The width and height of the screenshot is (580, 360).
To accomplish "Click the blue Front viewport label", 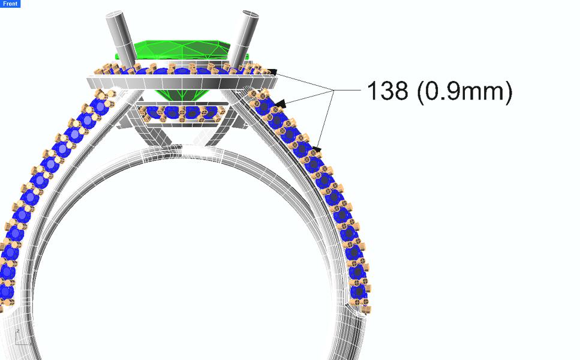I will [x=10, y=4].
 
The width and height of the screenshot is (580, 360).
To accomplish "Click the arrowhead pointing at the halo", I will [x=272, y=72].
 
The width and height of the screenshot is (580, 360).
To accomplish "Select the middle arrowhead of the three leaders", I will [x=280, y=103].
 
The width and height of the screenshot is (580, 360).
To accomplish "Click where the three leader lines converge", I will [x=332, y=90].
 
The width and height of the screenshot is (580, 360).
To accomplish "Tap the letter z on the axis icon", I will [x=18, y=331].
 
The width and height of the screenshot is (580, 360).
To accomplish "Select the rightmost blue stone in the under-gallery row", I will [x=210, y=112].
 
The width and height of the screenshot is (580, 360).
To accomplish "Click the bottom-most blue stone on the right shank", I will [x=358, y=292].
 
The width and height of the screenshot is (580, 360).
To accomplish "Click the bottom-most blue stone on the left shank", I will [x=5, y=292].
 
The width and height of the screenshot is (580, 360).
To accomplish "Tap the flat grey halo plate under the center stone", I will [x=180, y=82].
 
